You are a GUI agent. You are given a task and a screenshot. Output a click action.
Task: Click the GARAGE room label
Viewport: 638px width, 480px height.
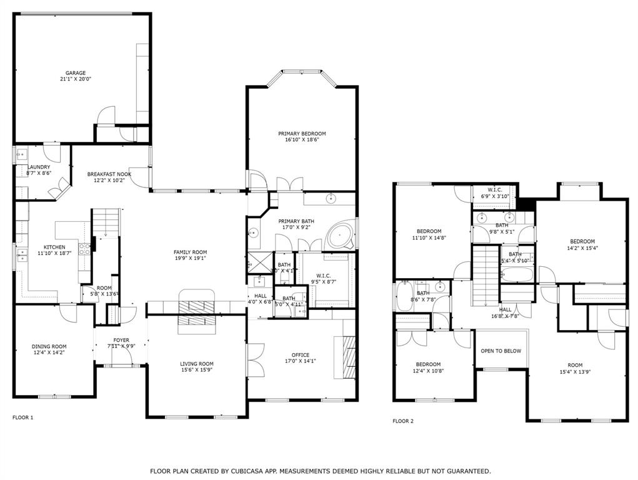point(76,73)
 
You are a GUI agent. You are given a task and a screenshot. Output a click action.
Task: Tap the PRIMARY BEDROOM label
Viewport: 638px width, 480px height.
point(302,134)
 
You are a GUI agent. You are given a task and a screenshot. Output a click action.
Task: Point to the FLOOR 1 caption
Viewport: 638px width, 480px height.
point(23,417)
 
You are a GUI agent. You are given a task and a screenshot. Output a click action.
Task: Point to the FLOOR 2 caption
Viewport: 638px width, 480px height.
point(403,421)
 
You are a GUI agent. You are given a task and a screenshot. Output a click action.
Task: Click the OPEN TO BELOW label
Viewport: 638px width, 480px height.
point(501,351)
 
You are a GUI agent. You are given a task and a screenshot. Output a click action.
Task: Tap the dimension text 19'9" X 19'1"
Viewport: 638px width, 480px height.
point(190,258)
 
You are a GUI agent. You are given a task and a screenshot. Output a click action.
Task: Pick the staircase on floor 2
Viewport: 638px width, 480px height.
point(486,275)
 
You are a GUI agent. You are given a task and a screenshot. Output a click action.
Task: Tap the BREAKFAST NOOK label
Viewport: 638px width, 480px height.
point(109,174)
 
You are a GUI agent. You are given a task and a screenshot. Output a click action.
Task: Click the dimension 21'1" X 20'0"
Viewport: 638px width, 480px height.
point(76,80)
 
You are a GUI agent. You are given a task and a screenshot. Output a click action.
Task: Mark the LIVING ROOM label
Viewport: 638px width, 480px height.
point(197,364)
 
